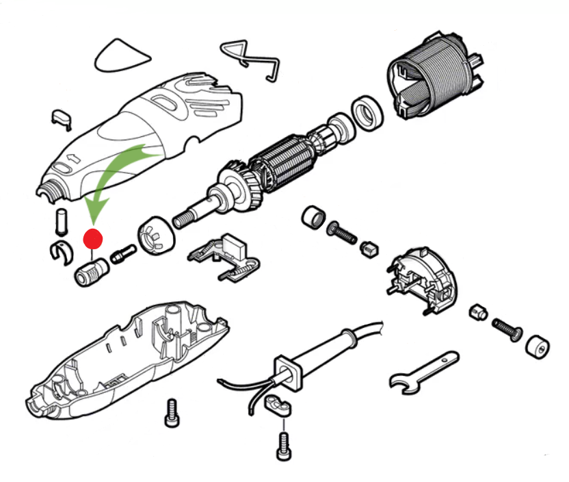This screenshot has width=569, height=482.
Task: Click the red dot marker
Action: (x=92, y=239)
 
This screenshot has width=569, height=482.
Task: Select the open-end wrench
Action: (x=422, y=372)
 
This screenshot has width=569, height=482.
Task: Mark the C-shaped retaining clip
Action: (x=60, y=252)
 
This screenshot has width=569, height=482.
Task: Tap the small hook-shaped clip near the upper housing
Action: (x=62, y=117)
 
